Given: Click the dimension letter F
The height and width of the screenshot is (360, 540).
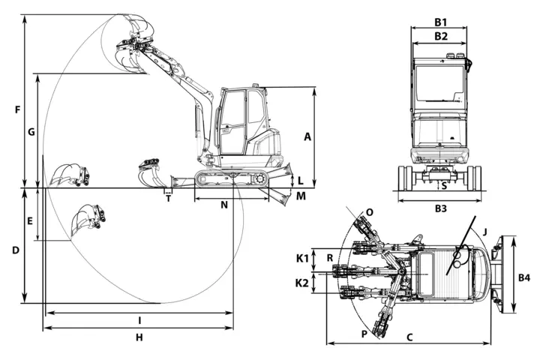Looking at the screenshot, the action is pyautogui.click(x=18, y=110).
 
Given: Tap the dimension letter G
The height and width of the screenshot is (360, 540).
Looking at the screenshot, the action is pyautogui.click(x=31, y=131).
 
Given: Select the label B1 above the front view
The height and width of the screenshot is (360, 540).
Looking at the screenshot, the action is pyautogui.click(x=440, y=22).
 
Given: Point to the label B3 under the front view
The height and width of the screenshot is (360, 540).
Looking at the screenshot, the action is pyautogui.click(x=441, y=208).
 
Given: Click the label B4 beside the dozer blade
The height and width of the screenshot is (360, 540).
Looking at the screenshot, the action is pyautogui.click(x=523, y=277).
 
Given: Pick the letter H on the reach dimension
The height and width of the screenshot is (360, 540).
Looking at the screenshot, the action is pyautogui.click(x=139, y=337).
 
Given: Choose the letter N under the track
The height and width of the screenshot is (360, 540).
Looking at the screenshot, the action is pyautogui.click(x=224, y=205).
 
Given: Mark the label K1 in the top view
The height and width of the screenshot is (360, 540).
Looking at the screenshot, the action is pyautogui.click(x=302, y=258).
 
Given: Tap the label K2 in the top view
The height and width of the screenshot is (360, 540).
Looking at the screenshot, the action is pyautogui.click(x=301, y=283).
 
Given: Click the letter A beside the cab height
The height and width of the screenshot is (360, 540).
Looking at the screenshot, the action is pyautogui.click(x=307, y=136).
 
